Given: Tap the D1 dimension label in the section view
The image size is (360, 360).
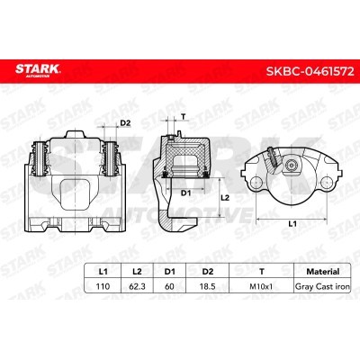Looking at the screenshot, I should [184, 193].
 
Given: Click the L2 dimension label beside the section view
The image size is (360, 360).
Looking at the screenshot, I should [226, 197].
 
